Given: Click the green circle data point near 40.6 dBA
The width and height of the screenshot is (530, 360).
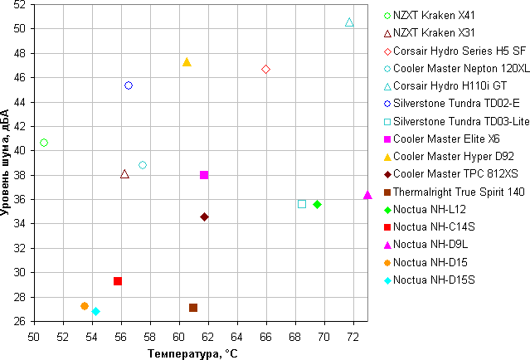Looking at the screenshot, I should [x=44, y=143].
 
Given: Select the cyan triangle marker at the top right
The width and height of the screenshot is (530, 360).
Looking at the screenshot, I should [x=349, y=22].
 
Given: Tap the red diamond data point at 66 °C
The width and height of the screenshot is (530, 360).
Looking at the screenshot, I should [x=265, y=70].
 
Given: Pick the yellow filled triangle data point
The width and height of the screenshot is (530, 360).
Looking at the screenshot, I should [x=187, y=62].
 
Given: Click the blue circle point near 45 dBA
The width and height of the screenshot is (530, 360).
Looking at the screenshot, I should [x=129, y=85].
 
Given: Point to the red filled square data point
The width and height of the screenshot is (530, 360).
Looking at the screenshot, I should [x=118, y=281].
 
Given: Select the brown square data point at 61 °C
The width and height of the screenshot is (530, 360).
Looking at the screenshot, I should [x=193, y=308].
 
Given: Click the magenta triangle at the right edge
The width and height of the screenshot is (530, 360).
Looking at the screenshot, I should [x=367, y=194].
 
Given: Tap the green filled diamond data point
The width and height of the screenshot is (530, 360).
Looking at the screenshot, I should [x=317, y=204].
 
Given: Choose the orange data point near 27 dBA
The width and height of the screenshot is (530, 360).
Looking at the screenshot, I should [x=85, y=306].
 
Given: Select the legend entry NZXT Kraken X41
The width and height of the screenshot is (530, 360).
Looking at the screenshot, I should [x=436, y=15].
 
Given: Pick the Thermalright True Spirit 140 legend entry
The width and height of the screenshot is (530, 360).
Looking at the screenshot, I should [x=459, y=191].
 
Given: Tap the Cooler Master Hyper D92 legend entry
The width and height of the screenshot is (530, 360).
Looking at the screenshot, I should [x=453, y=156].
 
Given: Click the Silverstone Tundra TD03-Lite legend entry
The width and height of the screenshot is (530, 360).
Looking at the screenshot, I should [x=461, y=121].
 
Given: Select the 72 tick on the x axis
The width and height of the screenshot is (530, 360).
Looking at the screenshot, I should [x=353, y=336].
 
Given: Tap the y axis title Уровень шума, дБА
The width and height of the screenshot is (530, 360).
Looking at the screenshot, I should [x=7, y=163].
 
